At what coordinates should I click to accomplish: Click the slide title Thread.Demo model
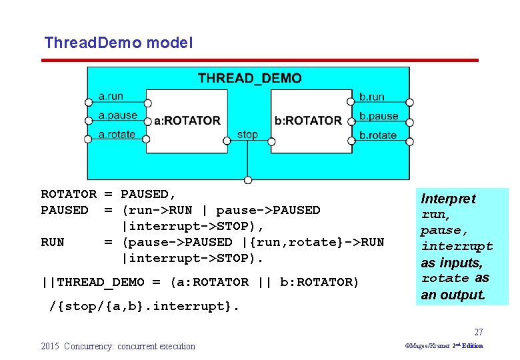(x=118, y=43)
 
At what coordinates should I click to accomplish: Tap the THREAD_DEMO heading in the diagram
(x=249, y=79)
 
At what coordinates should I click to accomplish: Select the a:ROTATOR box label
(x=187, y=121)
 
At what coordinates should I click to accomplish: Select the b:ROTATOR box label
(x=308, y=121)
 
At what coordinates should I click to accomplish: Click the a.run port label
(x=110, y=96)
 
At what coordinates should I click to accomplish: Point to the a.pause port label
(x=117, y=115)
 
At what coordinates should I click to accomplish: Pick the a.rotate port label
(x=116, y=134)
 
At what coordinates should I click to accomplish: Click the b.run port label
(x=371, y=97)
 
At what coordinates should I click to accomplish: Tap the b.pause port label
(x=378, y=116)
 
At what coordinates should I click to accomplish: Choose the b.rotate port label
(x=377, y=135)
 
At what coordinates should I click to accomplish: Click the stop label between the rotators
(x=247, y=134)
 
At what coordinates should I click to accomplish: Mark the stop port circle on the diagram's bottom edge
(x=248, y=180)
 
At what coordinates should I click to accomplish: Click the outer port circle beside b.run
(x=410, y=103)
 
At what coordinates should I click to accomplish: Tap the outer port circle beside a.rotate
(x=88, y=139)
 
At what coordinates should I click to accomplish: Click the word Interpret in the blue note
(x=448, y=199)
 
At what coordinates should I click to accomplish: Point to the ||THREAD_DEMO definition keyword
(x=93, y=282)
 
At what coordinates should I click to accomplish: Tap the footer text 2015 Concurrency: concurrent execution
(x=118, y=346)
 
